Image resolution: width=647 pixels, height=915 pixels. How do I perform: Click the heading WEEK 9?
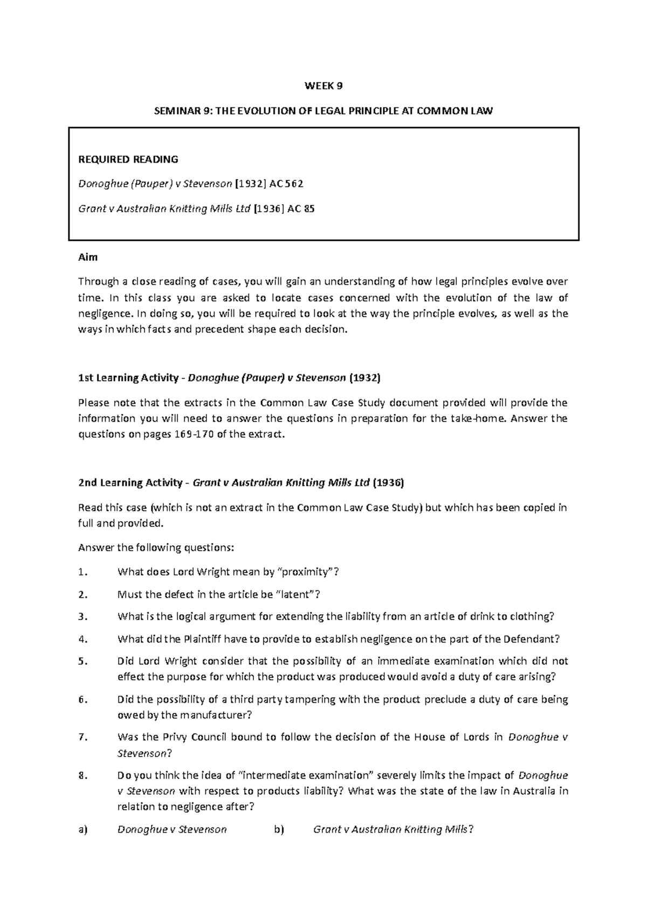[x=323, y=86]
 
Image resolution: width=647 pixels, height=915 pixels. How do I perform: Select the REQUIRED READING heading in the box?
[x=128, y=160]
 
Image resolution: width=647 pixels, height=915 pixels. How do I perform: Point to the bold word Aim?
[x=88, y=257]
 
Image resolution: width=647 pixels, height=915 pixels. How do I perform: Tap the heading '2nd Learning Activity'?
[x=130, y=483]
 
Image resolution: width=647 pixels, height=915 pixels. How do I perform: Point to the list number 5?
[x=82, y=661]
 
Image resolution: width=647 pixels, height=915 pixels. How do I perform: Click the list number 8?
[x=82, y=776]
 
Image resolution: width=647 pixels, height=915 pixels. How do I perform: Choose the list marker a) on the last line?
[x=82, y=829]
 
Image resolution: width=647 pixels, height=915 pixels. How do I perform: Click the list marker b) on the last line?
[x=278, y=829]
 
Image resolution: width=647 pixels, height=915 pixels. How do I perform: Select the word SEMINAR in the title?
[x=175, y=112]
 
